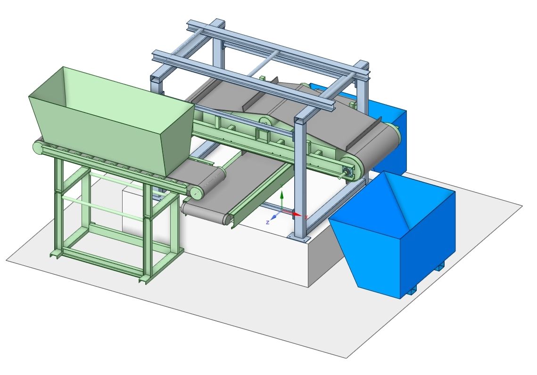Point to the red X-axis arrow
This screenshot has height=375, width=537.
click(x=295, y=214)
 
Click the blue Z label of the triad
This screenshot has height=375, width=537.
click(x=268, y=222)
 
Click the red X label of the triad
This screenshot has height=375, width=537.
click(x=306, y=217)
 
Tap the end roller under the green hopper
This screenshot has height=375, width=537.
click(x=196, y=191)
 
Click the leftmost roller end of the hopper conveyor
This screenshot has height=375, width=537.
click(x=37, y=147)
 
